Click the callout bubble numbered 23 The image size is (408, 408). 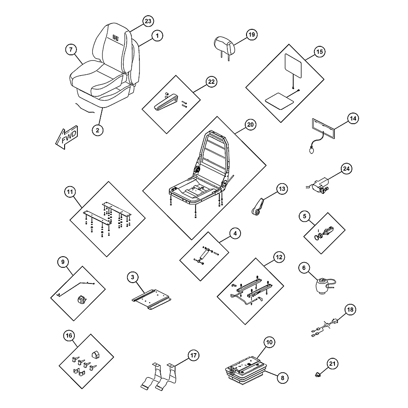[x=148, y=21]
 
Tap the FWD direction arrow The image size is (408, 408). [x=67, y=137]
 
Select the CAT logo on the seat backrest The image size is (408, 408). [x=116, y=38]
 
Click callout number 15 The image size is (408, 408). [x=319, y=52]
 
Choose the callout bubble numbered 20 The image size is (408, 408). [x=250, y=125]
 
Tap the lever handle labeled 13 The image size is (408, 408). [x=258, y=207]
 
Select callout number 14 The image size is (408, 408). [x=353, y=119]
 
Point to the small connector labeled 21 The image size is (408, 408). [x=317, y=375]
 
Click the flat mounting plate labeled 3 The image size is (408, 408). [x=151, y=299]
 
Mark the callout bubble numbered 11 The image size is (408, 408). [x=70, y=192]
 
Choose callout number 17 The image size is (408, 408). [x=193, y=355]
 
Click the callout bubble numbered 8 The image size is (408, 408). [x=283, y=378]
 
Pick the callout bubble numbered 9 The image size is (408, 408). [x=63, y=262]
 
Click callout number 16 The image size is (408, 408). [x=69, y=336]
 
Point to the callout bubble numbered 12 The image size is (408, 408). [x=279, y=258]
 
